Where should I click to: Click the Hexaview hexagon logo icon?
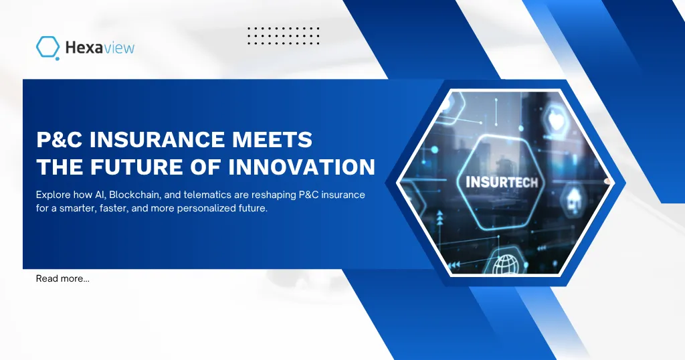pyautogui.click(x=48, y=48)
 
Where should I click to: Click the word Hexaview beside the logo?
pyautogui.click(x=100, y=48)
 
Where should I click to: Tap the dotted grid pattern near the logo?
pyautogui.click(x=283, y=35)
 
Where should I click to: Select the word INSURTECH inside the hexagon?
pyautogui.click(x=502, y=181)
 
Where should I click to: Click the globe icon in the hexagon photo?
pyautogui.click(x=506, y=265)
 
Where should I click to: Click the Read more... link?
pyautogui.click(x=63, y=278)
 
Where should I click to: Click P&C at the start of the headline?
pyautogui.click(x=59, y=141)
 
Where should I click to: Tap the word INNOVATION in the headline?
pyautogui.click(x=302, y=167)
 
